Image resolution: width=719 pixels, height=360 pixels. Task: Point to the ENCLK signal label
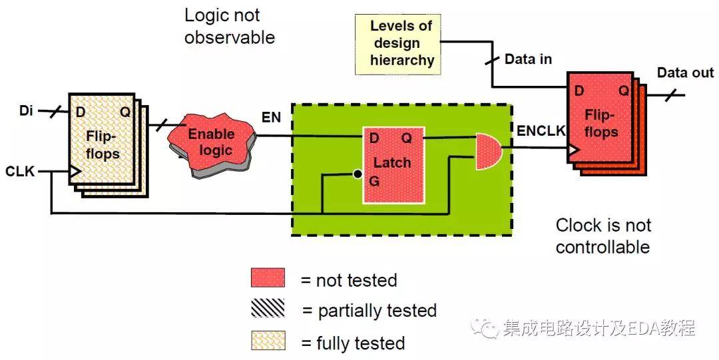tap(541, 130)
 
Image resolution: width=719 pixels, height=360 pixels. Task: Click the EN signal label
tap(271, 118)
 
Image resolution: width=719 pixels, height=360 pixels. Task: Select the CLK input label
tap(21, 172)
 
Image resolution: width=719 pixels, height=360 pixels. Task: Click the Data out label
tap(685, 73)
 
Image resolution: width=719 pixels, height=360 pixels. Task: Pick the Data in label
tap(528, 59)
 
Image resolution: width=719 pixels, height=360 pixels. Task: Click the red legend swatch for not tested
tap(268, 278)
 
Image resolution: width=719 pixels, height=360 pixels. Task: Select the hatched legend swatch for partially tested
tap(268, 309)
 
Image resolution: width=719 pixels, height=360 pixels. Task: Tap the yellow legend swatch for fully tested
tap(268, 341)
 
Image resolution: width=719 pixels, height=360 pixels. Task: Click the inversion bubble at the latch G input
tap(358, 174)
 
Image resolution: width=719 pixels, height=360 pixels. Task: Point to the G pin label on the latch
tap(374, 181)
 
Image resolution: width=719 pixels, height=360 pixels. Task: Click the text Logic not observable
tap(229, 27)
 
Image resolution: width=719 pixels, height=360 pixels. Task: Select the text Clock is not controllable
tap(603, 236)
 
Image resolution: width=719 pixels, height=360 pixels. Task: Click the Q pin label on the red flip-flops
tap(624, 90)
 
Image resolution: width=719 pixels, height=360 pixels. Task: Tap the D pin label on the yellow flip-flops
tap(81, 112)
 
